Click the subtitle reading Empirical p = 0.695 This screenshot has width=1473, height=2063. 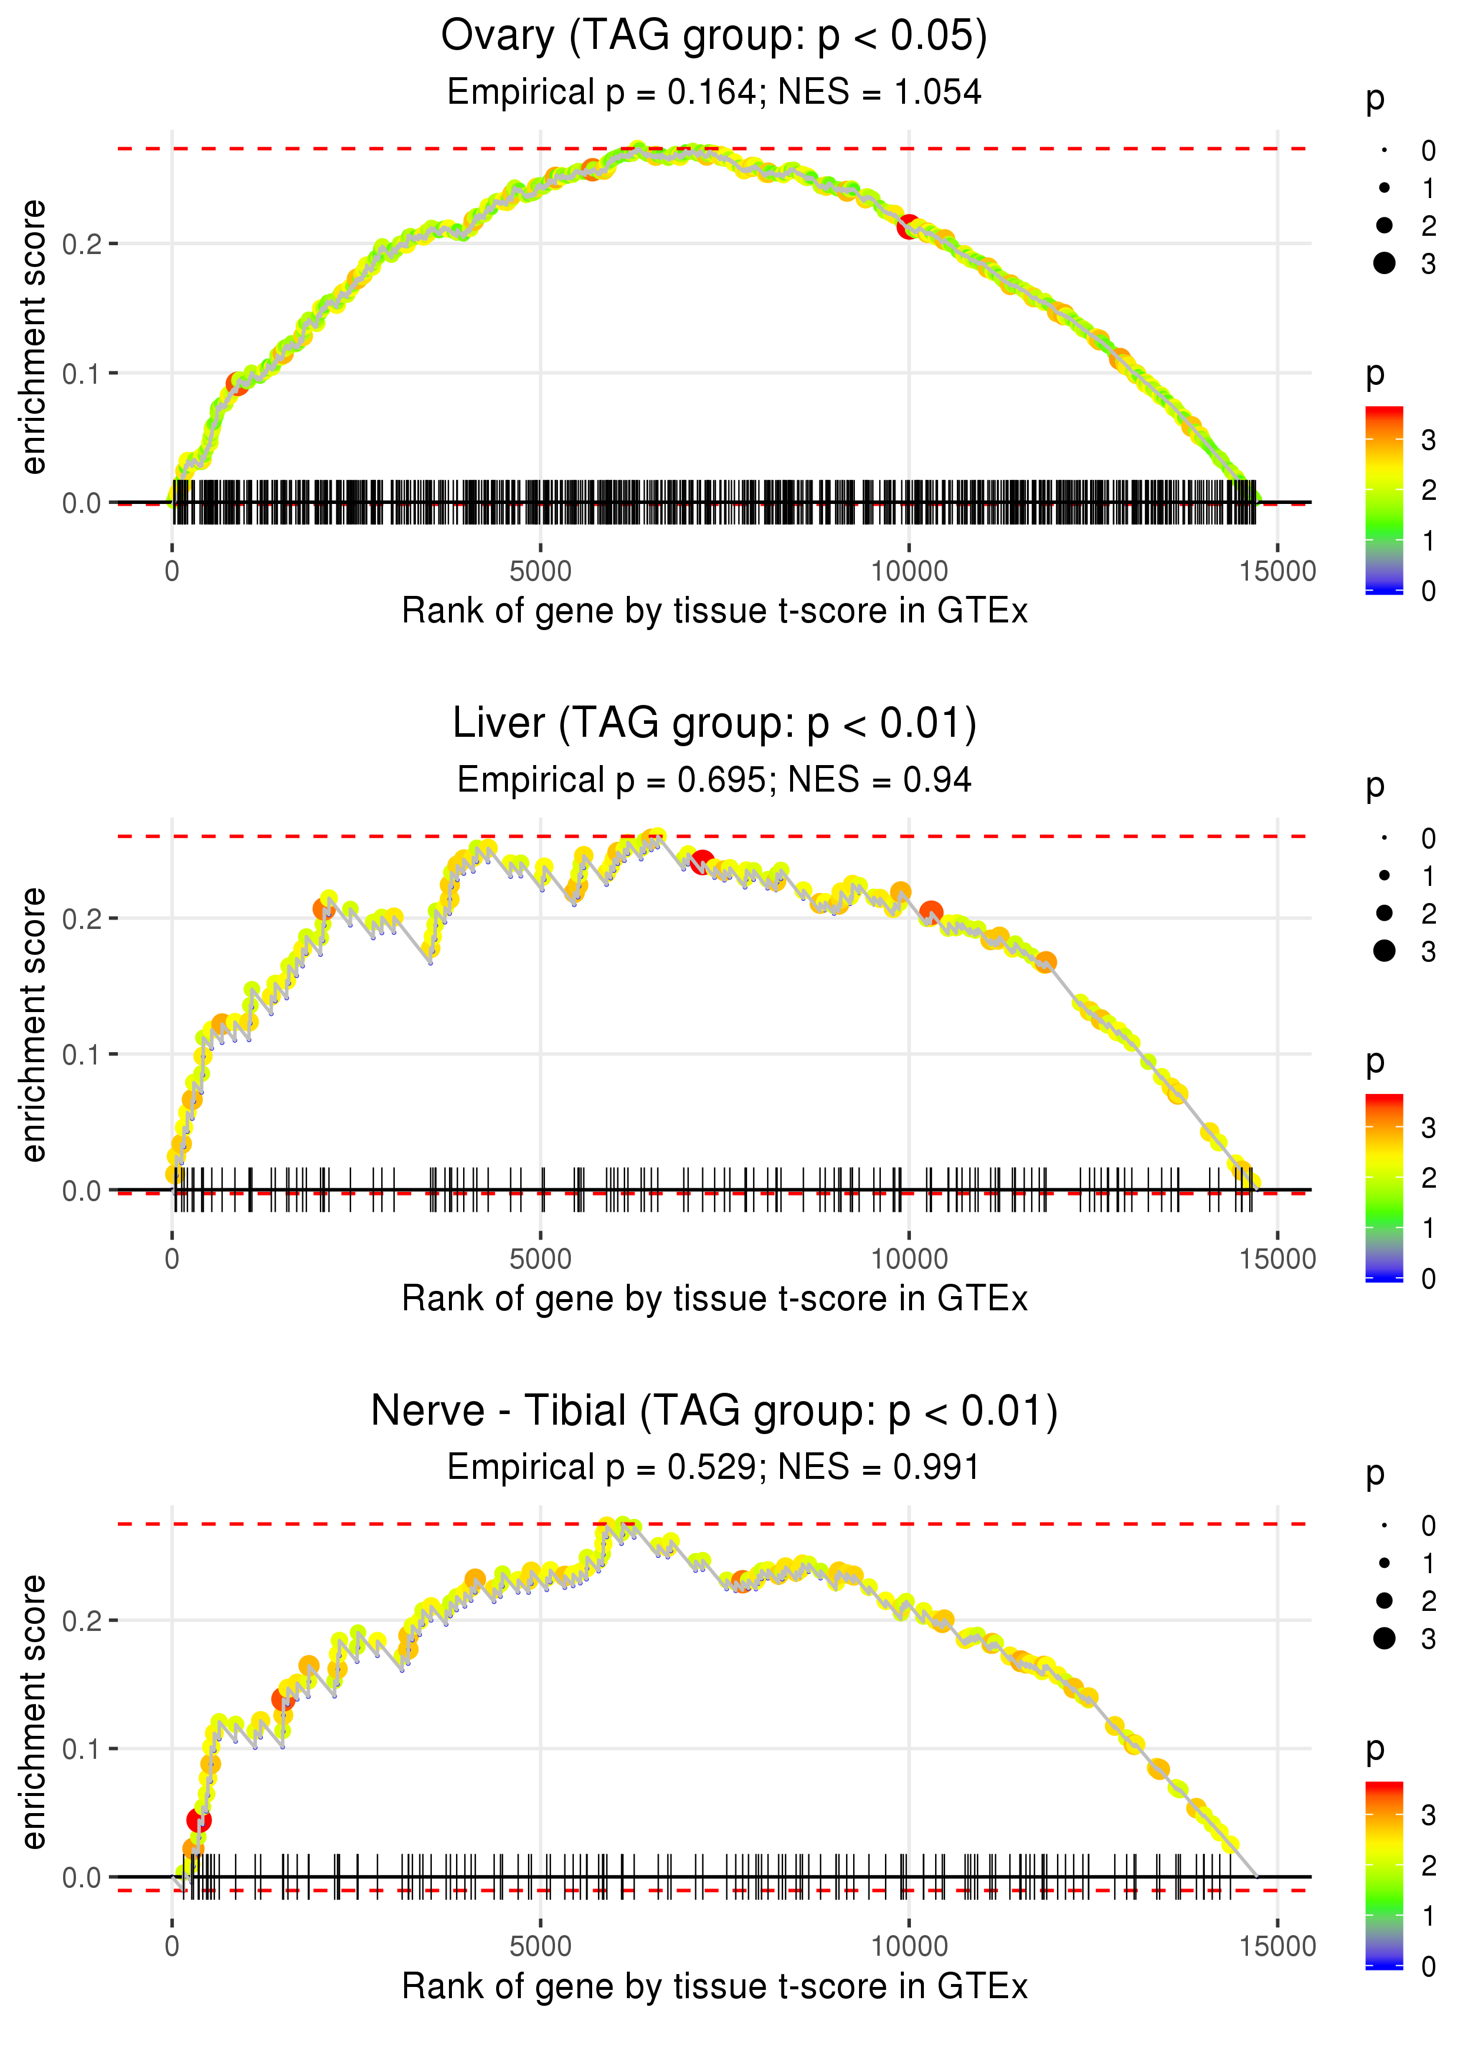coord(714,779)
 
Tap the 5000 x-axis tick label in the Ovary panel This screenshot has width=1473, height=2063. coord(540,572)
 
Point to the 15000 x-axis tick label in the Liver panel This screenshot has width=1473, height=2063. coord(1277,1259)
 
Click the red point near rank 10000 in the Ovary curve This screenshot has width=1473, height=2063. coord(908,227)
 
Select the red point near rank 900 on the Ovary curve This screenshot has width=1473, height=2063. coord(237,384)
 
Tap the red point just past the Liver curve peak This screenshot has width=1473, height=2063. coord(701,863)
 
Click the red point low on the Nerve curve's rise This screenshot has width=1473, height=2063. coord(199,1821)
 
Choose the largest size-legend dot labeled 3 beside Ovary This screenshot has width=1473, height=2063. coord(1384,263)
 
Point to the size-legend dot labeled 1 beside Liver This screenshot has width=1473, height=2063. coord(1384,875)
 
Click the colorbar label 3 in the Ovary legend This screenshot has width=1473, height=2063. coord(1429,441)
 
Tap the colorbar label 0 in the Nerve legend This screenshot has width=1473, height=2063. coord(1429,1967)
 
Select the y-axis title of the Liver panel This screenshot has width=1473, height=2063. coord(34,1024)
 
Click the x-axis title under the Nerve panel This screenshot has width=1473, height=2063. coord(714,1987)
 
